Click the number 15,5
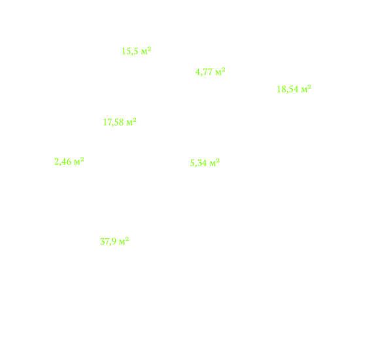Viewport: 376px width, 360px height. point(129,51)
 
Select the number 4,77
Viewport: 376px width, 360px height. point(203,72)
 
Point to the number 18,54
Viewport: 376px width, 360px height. point(288,89)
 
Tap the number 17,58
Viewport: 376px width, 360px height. point(113,122)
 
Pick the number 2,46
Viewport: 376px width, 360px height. point(63,162)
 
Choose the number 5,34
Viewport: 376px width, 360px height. point(198,163)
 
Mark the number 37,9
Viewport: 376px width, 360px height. point(108,242)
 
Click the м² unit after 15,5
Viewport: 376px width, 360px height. point(146,50)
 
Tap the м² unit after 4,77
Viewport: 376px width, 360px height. point(220,71)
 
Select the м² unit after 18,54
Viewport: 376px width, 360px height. point(306,88)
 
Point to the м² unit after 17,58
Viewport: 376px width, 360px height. point(131,122)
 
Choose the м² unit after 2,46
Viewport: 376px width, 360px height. point(79,161)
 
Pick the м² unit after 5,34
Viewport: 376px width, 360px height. point(214,162)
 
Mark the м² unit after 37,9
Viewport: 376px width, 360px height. point(124,241)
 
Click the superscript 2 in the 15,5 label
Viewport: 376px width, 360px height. point(149,48)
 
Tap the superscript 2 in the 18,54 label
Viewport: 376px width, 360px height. point(309,86)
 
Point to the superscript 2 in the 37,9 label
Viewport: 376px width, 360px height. point(128,239)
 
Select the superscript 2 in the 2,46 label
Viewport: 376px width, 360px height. point(82,159)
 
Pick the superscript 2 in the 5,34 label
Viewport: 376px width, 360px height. point(218,160)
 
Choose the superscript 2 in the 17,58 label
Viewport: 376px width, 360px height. point(135,120)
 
